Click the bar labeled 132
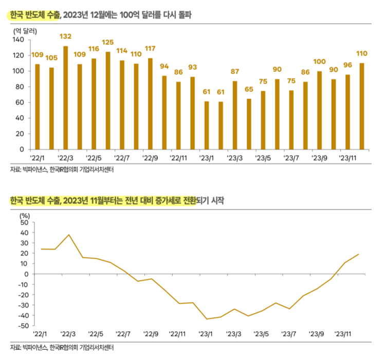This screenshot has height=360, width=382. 65,98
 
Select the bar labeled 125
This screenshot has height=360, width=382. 108,100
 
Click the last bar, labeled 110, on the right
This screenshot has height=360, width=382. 361,106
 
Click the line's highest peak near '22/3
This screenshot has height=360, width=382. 69,235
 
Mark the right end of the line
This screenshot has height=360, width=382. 358,254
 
